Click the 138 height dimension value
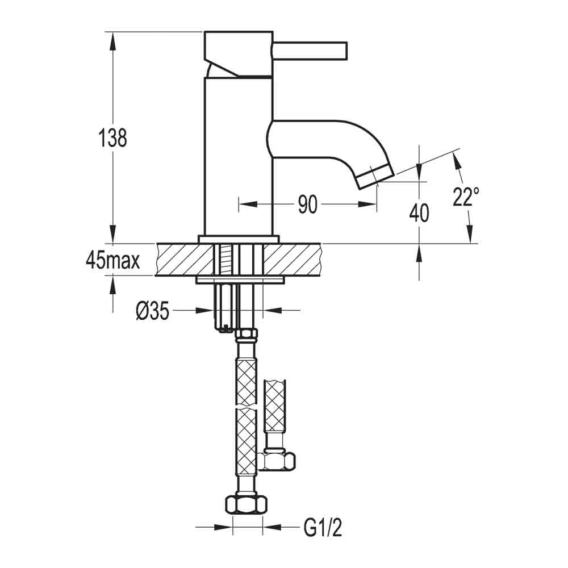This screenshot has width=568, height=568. pyautogui.click(x=113, y=138)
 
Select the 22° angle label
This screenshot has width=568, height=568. pyautogui.click(x=466, y=197)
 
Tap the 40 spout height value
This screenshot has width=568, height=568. pyautogui.click(x=419, y=214)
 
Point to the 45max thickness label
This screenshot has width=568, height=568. pyautogui.click(x=113, y=260)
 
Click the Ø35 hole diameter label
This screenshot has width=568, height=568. pyautogui.click(x=153, y=311)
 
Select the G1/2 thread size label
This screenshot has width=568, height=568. pyautogui.click(x=323, y=529)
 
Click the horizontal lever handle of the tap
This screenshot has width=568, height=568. pyautogui.click(x=310, y=50)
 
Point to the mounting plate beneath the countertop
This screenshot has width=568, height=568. pyautogui.click(x=239, y=280)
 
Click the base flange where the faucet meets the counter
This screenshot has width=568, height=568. pyautogui.click(x=239, y=239)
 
